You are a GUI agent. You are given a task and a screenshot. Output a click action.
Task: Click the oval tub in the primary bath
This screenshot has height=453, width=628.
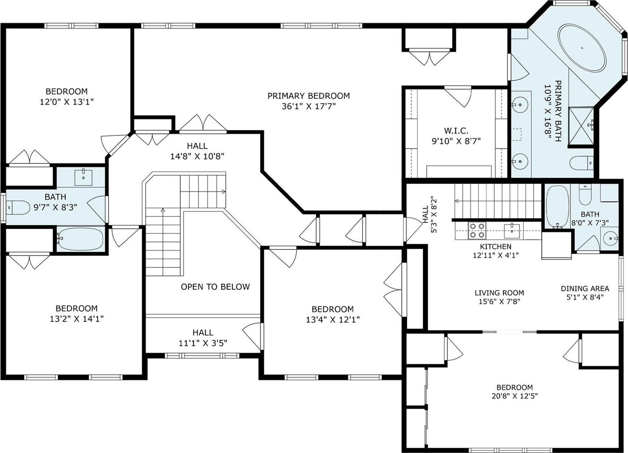click(582, 48)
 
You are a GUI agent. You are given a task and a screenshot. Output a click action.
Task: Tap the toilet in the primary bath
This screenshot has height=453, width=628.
click(582, 163)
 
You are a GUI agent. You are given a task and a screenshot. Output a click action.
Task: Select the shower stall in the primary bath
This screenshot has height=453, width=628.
click(582, 126)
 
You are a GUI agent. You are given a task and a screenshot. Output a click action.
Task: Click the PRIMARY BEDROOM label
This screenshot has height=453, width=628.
click(308, 96)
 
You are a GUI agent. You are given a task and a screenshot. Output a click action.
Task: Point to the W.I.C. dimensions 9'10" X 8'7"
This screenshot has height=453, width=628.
click(456, 141)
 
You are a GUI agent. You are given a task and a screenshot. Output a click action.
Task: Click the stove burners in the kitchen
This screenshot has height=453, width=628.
click(477, 230)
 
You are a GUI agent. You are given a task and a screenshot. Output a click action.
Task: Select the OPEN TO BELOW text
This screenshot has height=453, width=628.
click(215, 287)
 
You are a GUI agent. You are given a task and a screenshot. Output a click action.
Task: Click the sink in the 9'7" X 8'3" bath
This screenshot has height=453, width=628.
click(83, 177)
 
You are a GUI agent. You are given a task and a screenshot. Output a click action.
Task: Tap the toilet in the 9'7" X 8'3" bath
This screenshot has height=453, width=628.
click(19, 207)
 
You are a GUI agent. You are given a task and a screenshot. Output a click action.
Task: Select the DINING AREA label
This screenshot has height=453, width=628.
click(585, 288)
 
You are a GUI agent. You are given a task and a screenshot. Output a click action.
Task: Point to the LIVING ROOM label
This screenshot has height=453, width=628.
click(499, 293)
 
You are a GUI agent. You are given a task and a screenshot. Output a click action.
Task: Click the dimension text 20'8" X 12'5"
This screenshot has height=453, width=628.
click(514, 396)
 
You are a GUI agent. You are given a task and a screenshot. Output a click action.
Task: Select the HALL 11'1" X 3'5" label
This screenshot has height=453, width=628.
click(203, 337)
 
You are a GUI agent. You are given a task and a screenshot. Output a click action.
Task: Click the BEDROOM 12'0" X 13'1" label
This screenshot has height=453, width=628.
click(66, 96)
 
